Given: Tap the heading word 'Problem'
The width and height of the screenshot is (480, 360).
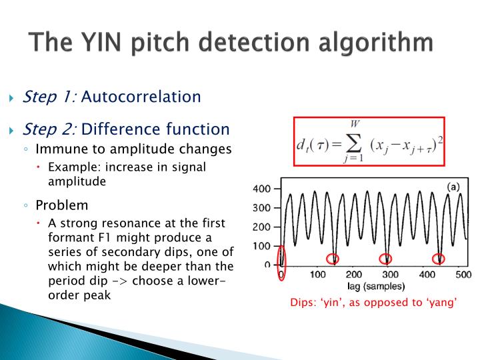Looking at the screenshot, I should coord(61,205).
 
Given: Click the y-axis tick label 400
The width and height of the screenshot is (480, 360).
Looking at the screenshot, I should coord(263,189).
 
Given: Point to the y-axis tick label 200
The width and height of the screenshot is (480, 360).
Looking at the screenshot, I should coord(263,227).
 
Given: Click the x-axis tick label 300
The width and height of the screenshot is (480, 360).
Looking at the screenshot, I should coord(390,275).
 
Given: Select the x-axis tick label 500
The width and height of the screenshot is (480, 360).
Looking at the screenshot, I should coord(463,275).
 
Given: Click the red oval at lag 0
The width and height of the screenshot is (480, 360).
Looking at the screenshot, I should coord(282,257).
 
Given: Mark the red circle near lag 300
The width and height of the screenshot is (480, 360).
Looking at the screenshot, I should coord(385,259).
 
